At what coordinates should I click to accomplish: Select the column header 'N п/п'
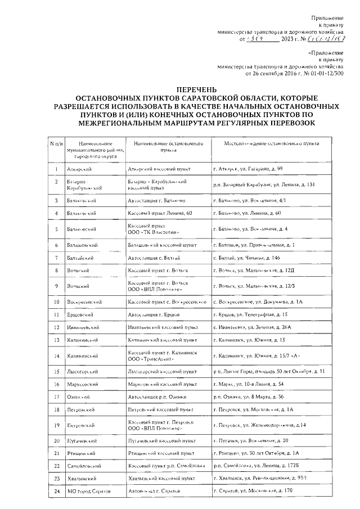click(x=57, y=145)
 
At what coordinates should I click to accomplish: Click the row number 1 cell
click(x=57, y=169)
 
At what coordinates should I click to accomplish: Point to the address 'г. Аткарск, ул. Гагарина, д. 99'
click(x=256, y=169)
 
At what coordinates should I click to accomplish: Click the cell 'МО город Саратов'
click(x=88, y=491)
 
